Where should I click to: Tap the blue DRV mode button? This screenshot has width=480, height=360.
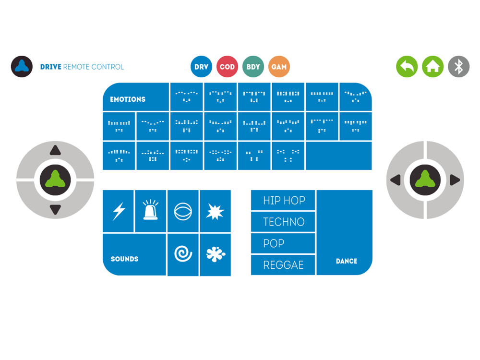[201, 67]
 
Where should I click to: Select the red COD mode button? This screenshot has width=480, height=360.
[227, 67]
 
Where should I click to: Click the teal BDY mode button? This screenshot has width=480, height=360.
[253, 67]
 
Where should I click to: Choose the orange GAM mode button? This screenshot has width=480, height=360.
[279, 67]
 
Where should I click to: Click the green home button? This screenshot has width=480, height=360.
[432, 67]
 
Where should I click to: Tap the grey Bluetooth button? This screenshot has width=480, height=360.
[458, 67]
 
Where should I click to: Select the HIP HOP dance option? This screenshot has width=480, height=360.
[283, 200]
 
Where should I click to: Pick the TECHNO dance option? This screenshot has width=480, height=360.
[283, 222]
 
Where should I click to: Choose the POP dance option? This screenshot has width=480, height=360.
[283, 243]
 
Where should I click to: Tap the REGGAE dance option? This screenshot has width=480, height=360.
[283, 265]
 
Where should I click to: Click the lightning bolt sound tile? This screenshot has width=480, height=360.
[119, 211]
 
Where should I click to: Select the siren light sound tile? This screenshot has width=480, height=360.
[151, 211]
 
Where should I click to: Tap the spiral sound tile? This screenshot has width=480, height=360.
[183, 254]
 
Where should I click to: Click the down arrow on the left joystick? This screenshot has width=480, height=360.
[55, 210]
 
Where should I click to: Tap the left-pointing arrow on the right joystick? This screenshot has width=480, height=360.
[395, 180]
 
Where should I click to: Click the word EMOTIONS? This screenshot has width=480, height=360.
[128, 99]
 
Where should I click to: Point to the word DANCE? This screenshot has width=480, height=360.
[347, 261]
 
